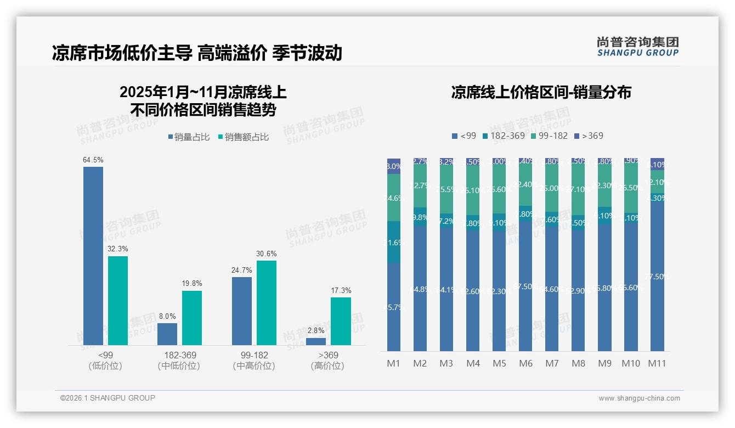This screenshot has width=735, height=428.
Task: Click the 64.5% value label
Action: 93,160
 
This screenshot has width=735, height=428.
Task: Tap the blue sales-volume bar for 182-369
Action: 167,334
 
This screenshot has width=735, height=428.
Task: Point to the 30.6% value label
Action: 267,254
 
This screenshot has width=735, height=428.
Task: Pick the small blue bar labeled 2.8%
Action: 316,341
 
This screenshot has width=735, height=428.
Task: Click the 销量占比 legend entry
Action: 189,137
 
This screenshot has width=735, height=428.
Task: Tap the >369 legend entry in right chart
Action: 589,136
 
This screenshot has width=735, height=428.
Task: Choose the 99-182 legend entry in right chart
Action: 550,136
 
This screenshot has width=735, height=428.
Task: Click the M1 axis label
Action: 394,363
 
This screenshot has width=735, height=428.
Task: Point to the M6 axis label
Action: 525,363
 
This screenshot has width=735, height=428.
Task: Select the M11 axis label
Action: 657,363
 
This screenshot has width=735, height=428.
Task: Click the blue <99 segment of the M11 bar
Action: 657,274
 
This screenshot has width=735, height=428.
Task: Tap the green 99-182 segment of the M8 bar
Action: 578,189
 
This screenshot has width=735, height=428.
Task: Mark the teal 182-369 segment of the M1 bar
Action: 394,242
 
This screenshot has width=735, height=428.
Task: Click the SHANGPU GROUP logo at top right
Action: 637,47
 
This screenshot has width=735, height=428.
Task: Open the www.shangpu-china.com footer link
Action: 639,398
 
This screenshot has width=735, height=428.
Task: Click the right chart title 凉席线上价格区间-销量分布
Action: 541,92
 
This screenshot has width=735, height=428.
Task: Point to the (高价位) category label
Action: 327,366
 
